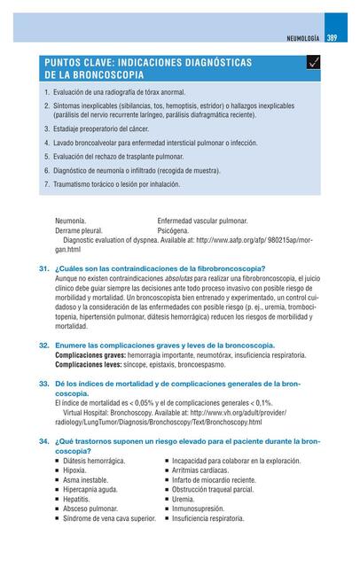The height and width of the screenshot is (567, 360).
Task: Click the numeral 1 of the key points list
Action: click(x=46, y=92)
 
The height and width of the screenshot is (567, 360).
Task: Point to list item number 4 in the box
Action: click(x=46, y=142)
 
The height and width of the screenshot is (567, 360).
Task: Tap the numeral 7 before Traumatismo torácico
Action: click(x=46, y=184)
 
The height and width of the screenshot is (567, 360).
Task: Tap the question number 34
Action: click(x=43, y=440)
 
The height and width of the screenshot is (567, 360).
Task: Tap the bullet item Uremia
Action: click(x=184, y=500)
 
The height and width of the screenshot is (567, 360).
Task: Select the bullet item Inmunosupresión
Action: click(x=200, y=509)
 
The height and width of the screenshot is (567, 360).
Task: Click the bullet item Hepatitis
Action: click(x=76, y=500)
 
